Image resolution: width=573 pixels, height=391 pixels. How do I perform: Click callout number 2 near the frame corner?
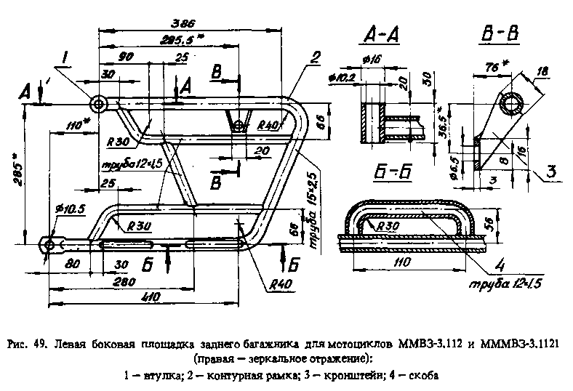(314, 57)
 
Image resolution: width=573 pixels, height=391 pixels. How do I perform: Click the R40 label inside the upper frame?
(269, 125)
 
